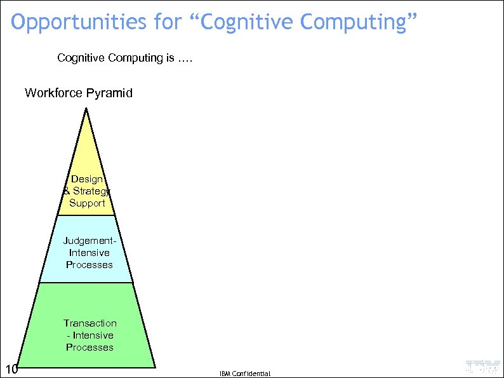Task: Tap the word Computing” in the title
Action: pos(359,23)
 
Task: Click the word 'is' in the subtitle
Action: pos(169,58)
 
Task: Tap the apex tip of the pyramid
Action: pos(86,109)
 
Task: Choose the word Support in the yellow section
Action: pos(87,203)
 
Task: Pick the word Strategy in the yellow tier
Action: pos(91,191)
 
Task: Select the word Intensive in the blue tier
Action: pos(89,253)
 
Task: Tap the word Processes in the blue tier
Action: pos(89,265)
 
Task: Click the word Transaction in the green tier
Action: pos(90,323)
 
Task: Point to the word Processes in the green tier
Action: pos(90,348)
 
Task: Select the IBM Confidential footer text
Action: pos(245,374)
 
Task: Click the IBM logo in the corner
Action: pos(482,367)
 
